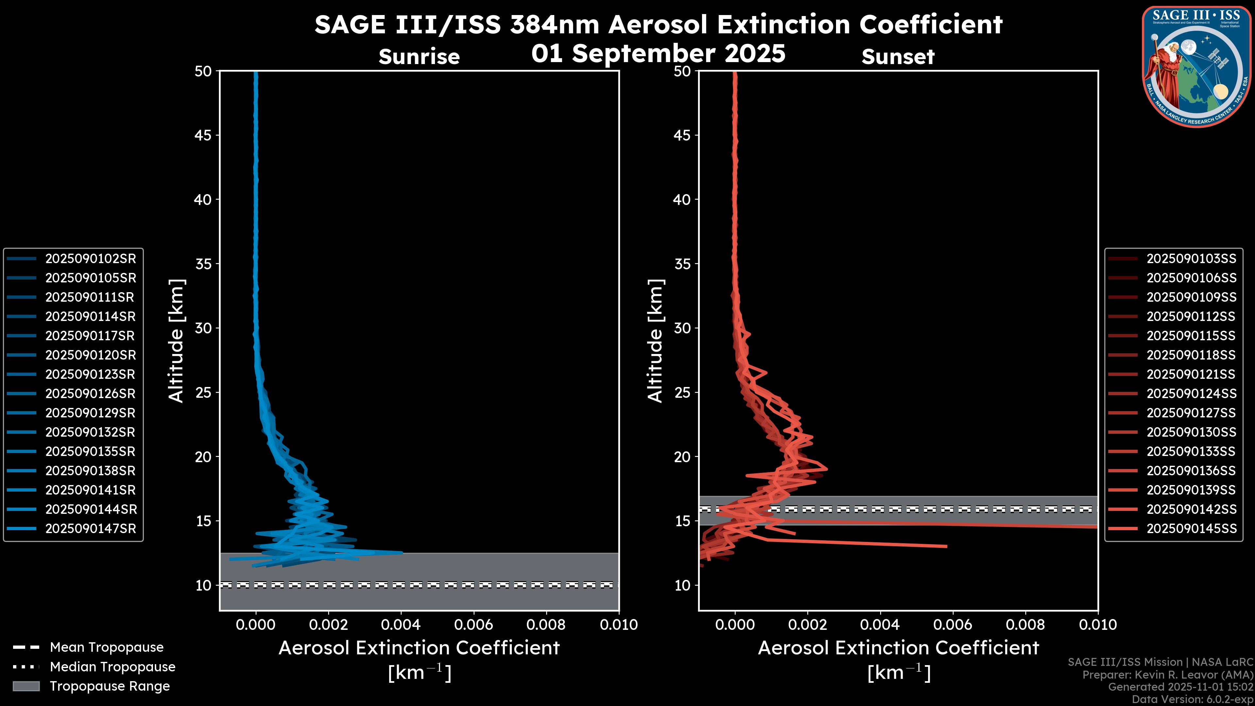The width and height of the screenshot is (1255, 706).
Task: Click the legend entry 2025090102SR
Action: point(91,259)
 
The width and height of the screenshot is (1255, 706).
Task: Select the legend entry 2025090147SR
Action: point(91,529)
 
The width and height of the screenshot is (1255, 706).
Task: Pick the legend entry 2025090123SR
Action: point(90,374)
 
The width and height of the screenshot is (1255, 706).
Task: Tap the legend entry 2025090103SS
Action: point(1191,259)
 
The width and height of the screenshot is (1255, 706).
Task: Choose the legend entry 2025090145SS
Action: point(1191,529)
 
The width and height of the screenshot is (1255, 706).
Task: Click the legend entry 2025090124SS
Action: point(1191,394)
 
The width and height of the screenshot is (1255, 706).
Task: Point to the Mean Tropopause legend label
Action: point(107,647)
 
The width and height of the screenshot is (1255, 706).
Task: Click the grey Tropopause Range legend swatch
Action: point(26,686)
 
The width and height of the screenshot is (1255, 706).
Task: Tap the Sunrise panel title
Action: point(419,57)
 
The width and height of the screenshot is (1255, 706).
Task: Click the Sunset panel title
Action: point(898,57)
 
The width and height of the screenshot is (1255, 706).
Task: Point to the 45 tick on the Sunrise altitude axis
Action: point(203,135)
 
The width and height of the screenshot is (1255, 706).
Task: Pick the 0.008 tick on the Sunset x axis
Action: point(1026,625)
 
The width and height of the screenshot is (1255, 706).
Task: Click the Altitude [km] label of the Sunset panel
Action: point(655,341)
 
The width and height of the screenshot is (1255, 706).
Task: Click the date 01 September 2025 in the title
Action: point(658,54)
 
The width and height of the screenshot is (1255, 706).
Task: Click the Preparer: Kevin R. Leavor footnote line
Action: point(1167,675)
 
